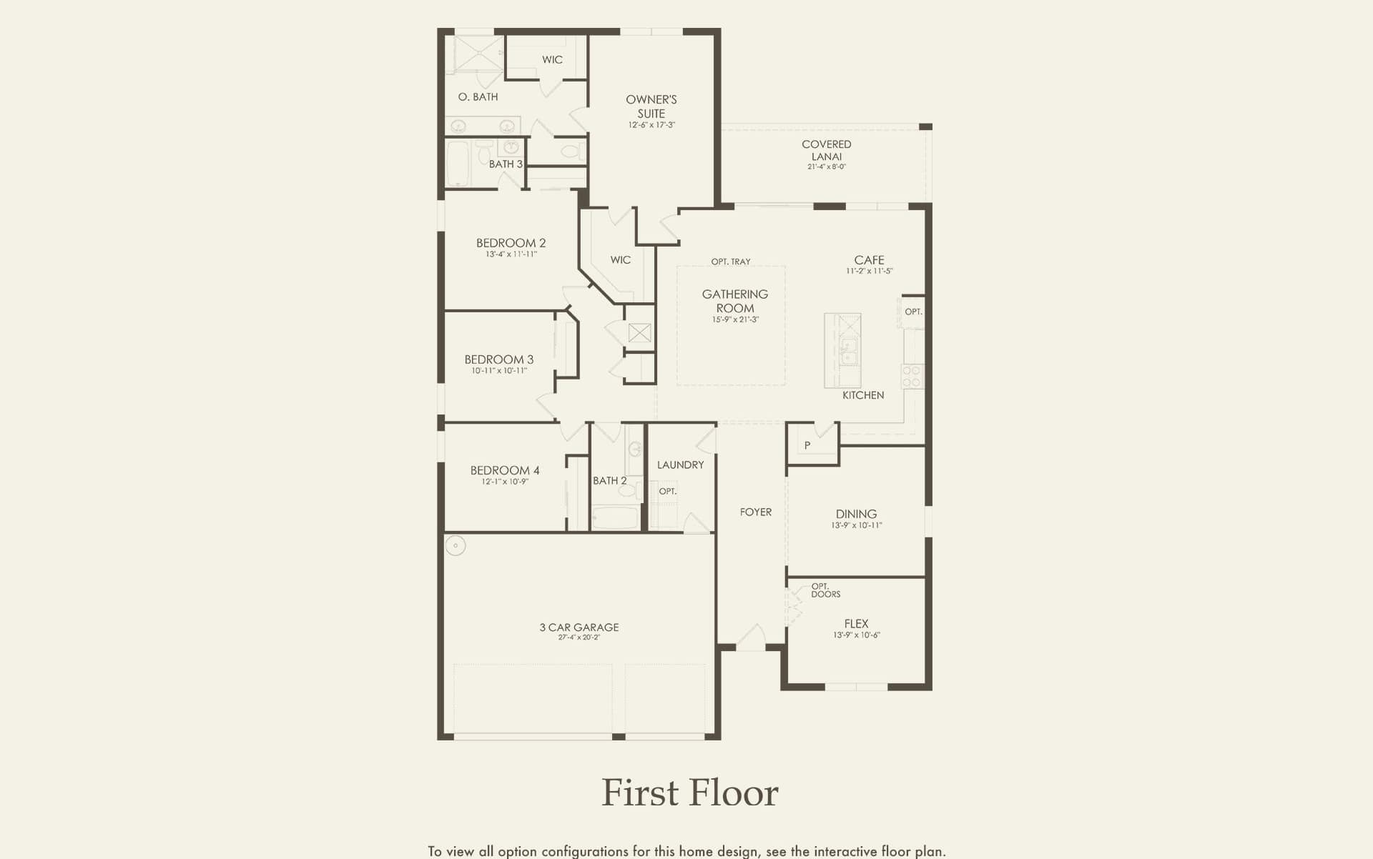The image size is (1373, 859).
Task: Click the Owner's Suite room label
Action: tap(651, 106)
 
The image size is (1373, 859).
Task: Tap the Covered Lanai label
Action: tap(827, 150)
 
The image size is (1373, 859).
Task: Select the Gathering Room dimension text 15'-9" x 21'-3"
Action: tap(735, 319)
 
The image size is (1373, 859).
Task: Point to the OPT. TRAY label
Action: tap(731, 262)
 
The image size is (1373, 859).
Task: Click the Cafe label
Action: tap(869, 260)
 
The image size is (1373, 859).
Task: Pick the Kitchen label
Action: tap(863, 395)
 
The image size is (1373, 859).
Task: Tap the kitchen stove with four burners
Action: tap(912, 377)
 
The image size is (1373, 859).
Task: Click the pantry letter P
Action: tap(807, 445)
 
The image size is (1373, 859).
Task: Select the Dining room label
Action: tap(856, 514)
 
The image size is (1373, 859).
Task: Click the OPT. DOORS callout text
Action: tap(826, 590)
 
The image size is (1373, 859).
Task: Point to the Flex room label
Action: tap(856, 623)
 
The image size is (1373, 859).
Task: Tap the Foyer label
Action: tap(756, 512)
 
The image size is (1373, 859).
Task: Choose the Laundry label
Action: tap(680, 465)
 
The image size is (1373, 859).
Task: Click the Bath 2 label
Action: tap(610, 480)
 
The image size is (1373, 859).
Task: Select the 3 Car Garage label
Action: tap(579, 627)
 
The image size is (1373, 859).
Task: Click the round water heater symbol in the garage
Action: tap(456, 546)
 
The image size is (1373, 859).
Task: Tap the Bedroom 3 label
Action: tap(499, 359)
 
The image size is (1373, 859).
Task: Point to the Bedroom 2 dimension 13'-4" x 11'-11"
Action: tap(511, 254)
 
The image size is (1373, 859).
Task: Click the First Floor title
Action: tap(690, 793)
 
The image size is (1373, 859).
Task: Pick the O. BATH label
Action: tap(478, 96)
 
